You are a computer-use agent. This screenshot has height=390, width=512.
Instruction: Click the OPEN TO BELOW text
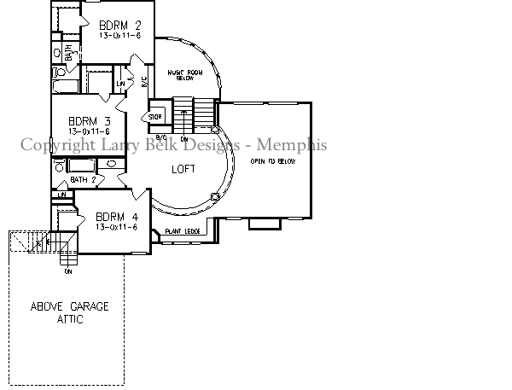pyautogui.click(x=273, y=161)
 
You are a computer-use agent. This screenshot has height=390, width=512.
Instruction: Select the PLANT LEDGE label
pyautogui.click(x=181, y=231)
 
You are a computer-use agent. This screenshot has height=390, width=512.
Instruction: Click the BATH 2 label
pyautogui.click(x=83, y=180)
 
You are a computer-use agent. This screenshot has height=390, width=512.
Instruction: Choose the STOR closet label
pyautogui.click(x=156, y=116)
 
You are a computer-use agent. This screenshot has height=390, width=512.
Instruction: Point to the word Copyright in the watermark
pyautogui.click(x=57, y=144)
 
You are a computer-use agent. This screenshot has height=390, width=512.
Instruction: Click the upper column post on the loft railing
pyautogui.click(x=215, y=130)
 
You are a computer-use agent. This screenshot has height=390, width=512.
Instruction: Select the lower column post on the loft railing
pyautogui.click(x=214, y=195)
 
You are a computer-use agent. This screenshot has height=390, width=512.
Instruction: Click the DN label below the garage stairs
pyautogui.click(x=67, y=272)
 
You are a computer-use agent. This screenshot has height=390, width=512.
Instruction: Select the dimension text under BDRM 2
pyautogui.click(x=119, y=37)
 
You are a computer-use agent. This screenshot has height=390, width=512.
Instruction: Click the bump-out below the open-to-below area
pyautogui.click(x=263, y=224)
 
